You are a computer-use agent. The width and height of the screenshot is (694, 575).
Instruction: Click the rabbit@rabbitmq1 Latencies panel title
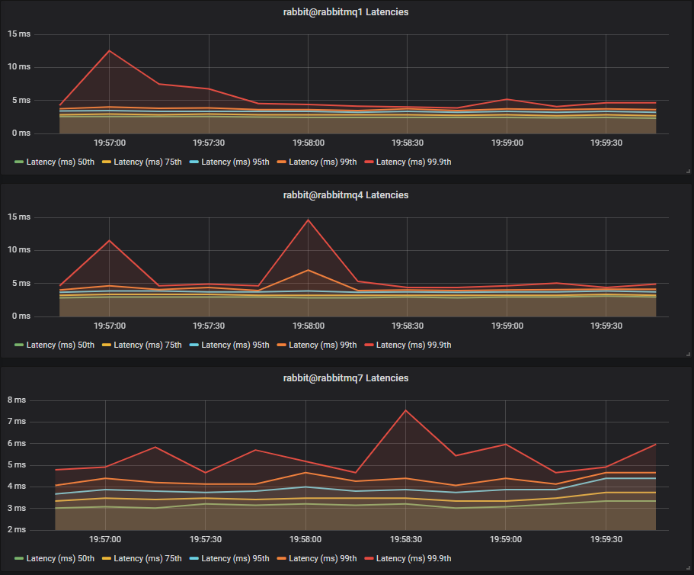(x=346, y=12)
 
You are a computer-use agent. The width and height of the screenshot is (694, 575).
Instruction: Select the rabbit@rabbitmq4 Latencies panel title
(x=346, y=195)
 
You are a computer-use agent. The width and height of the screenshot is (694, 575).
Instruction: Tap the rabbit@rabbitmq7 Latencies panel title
(x=346, y=378)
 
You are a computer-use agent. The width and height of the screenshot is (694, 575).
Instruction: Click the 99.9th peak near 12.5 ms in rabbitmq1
(x=109, y=50)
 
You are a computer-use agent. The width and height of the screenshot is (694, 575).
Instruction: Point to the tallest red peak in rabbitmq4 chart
(x=308, y=220)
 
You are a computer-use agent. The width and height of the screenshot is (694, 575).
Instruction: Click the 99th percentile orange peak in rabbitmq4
(x=308, y=270)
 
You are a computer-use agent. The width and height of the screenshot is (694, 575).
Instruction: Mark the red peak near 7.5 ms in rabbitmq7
(x=405, y=410)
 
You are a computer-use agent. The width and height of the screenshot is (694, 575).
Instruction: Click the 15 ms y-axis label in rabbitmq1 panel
(x=19, y=34)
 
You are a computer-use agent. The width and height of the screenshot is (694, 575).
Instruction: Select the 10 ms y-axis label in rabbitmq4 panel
(x=19, y=250)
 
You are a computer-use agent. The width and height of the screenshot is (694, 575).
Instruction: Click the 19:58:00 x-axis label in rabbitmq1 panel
(x=308, y=143)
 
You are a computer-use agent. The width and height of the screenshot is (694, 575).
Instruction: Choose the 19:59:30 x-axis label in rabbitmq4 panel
(x=605, y=326)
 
